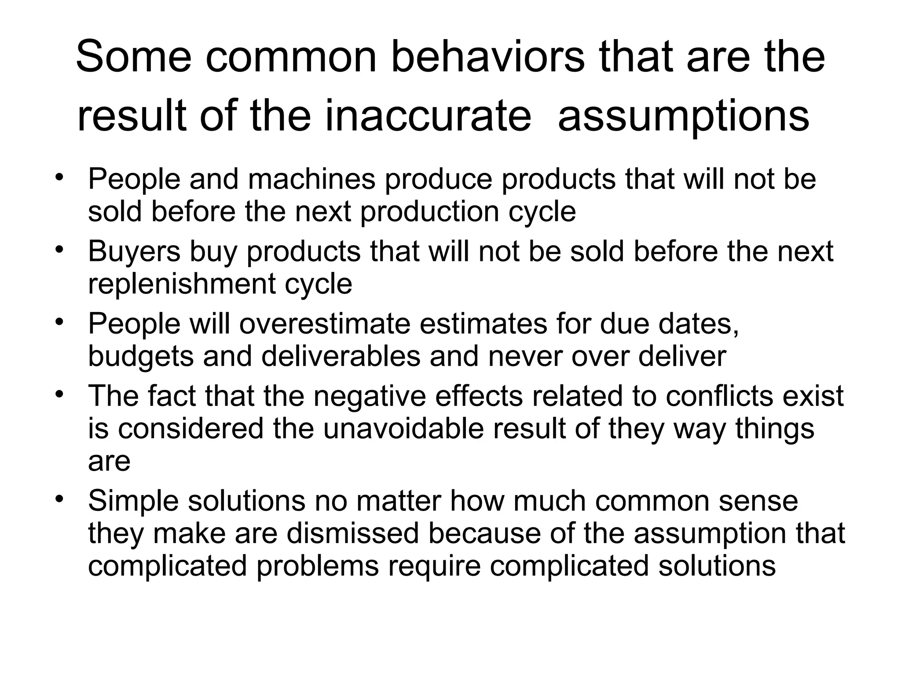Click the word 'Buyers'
tap(134, 251)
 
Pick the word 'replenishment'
tap(182, 283)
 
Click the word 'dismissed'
tap(352, 533)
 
